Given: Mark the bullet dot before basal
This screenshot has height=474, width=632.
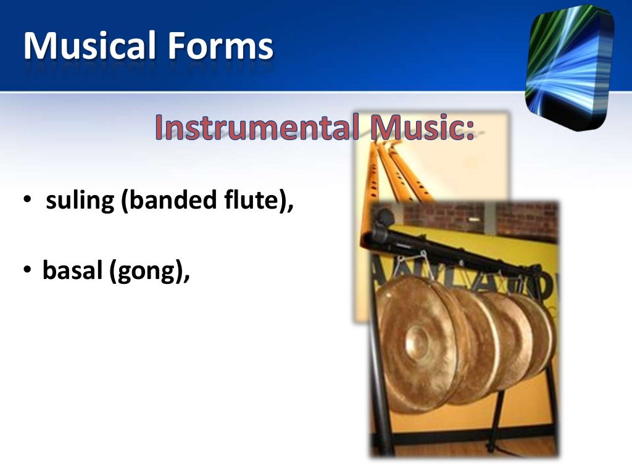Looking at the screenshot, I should coord(28,271).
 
